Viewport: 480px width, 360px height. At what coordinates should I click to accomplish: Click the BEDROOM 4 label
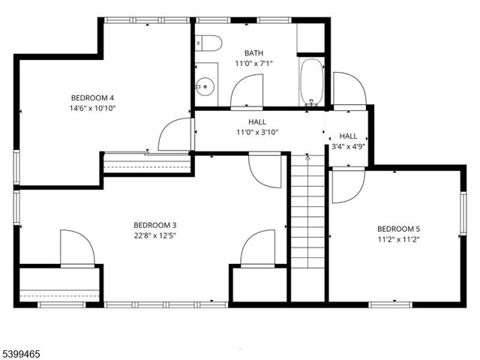pos(93,97)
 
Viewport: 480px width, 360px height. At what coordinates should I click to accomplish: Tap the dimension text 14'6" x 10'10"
pos(93,108)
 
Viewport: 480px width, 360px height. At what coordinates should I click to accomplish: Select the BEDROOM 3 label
pos(154,225)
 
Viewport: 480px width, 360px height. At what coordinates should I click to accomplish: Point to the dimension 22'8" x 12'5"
pos(154,235)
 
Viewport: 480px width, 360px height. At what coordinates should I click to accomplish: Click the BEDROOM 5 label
pos(398,229)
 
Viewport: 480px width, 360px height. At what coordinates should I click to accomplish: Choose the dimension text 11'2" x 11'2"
pos(398,239)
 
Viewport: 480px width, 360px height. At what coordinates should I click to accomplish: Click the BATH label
pos(253,52)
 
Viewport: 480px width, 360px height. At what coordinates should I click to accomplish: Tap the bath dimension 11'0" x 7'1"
pos(253,64)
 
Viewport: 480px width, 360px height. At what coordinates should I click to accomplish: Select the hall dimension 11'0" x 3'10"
pos(257,132)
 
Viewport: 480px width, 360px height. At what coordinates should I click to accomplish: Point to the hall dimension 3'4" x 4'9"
pos(348,146)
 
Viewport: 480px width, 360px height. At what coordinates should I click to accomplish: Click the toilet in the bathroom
pos(208,43)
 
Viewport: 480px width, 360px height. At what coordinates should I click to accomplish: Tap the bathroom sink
pos(205,85)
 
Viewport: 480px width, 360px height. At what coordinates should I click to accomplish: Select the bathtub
pos(311,83)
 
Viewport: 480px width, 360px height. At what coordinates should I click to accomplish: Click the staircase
pos(307,225)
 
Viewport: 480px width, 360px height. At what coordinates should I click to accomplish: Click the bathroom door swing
pos(247,93)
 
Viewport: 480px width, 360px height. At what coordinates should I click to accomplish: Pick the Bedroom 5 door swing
pos(348,185)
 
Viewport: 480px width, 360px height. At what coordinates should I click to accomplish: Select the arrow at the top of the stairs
pos(307,158)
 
